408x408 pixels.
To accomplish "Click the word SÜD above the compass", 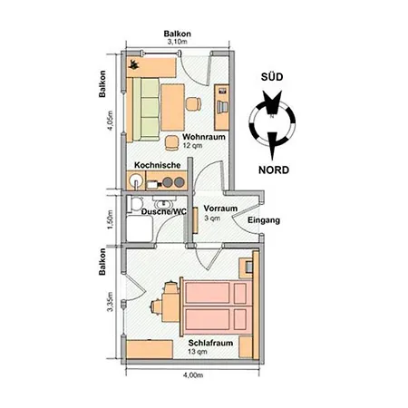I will coord(275,78).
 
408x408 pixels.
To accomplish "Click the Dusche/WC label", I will coord(164,211).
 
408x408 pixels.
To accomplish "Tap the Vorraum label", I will coord(220,209).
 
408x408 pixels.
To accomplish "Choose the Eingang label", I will coord(263,220).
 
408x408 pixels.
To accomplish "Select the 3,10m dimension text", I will coord(176,42).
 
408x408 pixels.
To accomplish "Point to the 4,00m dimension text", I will coord(191,374).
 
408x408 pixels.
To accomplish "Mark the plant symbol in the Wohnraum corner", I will coord(134,63).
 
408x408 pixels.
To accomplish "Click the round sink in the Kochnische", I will coord(136,180).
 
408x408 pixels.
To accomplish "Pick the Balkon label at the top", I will coord(176,33).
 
